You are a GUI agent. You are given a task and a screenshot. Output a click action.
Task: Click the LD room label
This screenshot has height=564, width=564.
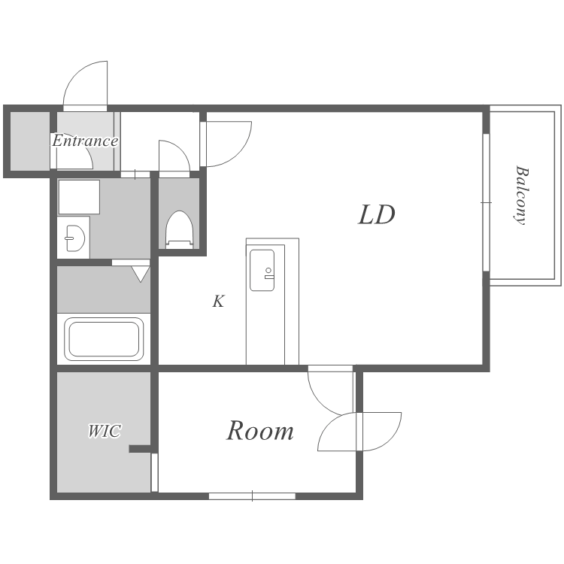[x=376, y=215]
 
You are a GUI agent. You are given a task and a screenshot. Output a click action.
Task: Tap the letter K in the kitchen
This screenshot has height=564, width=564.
[x=218, y=302]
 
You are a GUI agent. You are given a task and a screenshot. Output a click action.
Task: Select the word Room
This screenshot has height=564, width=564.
[x=259, y=431]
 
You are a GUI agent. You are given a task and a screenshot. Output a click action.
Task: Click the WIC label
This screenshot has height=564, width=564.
[x=105, y=431]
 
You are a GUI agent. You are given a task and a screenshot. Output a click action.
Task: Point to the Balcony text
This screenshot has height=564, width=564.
[x=521, y=196]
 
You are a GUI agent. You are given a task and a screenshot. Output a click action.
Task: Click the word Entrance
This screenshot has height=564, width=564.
[x=85, y=141]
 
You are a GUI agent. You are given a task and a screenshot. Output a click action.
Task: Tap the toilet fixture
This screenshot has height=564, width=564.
[x=180, y=229]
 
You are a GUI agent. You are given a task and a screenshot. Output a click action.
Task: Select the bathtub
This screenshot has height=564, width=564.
[x=104, y=339]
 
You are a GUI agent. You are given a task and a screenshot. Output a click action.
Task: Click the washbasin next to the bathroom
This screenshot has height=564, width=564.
[x=75, y=238]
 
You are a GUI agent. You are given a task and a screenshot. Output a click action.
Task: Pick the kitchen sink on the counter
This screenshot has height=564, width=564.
[x=262, y=270]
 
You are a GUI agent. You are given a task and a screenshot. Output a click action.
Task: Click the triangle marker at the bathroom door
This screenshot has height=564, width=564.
[x=141, y=274]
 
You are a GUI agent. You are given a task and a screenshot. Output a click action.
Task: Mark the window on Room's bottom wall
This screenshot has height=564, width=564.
[x=252, y=496]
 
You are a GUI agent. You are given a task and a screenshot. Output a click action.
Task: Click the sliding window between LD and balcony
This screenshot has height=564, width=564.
[x=486, y=202]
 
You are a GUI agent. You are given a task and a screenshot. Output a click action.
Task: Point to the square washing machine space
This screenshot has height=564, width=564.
[x=79, y=197]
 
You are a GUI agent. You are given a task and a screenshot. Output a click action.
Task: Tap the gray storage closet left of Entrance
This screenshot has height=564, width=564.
[x=30, y=141]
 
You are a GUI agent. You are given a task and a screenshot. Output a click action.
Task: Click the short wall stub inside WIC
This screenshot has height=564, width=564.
[x=140, y=448]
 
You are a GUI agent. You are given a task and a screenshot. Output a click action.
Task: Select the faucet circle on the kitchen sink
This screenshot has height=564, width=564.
[x=268, y=270]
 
